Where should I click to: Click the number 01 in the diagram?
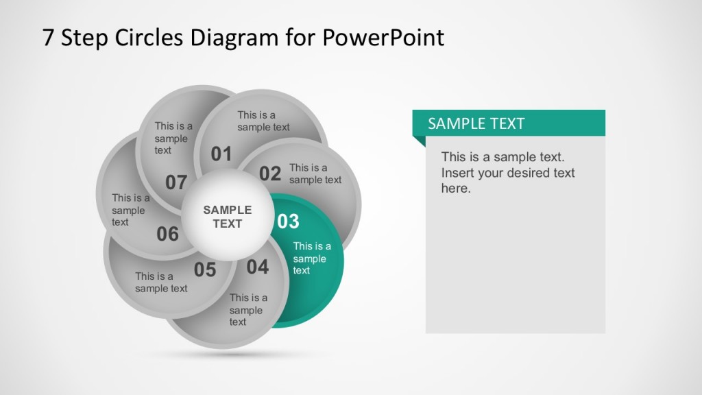(221, 154)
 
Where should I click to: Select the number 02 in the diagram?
(270, 174)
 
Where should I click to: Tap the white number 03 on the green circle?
(288, 222)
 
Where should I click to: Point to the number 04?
(258, 267)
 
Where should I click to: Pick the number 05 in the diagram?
(205, 270)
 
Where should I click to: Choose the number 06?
(167, 235)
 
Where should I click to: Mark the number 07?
(176, 182)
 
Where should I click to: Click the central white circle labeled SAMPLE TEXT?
(228, 217)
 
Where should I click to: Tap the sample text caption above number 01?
(263, 121)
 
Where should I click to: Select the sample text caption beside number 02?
(315, 173)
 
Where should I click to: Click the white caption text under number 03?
(311, 258)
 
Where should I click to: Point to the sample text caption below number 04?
(247, 310)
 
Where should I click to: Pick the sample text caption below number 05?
(161, 283)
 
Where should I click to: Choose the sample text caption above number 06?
(130, 210)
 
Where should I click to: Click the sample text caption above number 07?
(173, 138)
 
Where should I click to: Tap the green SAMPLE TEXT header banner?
(508, 123)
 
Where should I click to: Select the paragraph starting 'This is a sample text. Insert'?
(507, 173)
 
